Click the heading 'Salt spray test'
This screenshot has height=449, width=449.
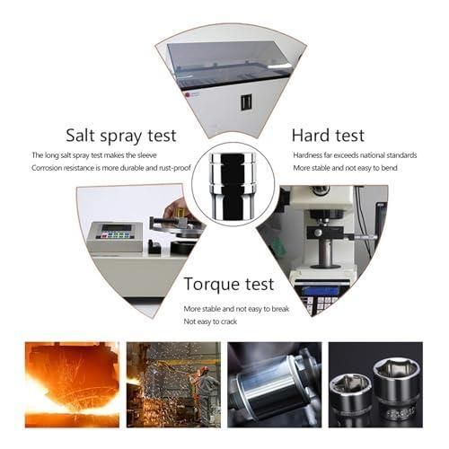coord(121,136)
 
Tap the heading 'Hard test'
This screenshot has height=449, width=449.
coord(328,136)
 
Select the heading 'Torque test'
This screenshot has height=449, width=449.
coord(229,285)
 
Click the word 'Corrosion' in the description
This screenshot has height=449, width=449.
coord(48,168)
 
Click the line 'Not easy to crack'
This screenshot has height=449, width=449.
coord(210,321)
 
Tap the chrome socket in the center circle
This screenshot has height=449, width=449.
coord(233,186)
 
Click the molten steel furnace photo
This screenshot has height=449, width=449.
coord(72,384)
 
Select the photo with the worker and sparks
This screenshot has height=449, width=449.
coord(173,384)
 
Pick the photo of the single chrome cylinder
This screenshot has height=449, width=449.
coord(275,384)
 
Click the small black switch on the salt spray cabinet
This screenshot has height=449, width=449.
coord(246,102)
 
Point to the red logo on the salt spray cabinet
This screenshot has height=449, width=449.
coord(188,95)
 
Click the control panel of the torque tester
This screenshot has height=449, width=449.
coord(116,231)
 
